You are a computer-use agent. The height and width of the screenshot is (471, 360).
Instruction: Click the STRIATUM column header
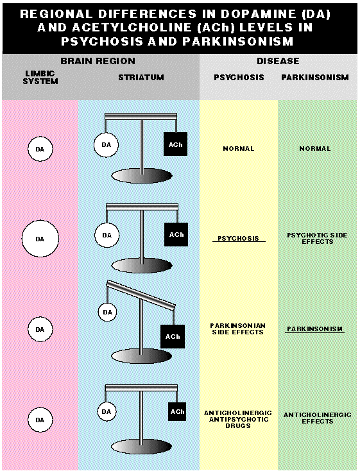tap(141, 77)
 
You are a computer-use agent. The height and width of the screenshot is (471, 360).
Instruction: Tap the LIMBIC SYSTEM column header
tap(40, 77)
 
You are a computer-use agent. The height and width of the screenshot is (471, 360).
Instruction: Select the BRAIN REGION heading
tap(98, 61)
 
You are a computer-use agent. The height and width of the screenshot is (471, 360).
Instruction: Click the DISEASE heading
tap(278, 61)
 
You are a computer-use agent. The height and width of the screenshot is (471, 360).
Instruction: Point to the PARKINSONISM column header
tap(315, 77)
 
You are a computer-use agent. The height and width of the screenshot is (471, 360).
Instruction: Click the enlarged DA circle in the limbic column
tap(40, 239)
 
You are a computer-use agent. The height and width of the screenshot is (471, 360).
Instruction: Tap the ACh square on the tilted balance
tap(173, 336)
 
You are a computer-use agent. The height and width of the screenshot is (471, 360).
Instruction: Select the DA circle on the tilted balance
tap(108, 312)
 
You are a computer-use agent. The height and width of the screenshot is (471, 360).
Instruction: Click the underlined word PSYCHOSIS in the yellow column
tap(238, 239)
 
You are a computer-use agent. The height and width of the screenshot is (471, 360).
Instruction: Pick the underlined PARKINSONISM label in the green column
tap(314, 329)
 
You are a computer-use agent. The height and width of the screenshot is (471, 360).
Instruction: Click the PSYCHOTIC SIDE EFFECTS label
tap(318, 239)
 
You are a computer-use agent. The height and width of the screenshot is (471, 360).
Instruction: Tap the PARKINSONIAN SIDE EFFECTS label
tap(237, 329)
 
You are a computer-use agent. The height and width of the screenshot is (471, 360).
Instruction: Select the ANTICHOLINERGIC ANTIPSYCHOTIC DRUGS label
tap(238, 419)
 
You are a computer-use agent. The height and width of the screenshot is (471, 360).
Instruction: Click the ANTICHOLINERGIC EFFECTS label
tap(318, 418)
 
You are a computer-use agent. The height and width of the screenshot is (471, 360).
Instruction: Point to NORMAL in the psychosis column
tap(239, 148)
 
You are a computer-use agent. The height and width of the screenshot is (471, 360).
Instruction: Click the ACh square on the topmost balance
tap(175, 144)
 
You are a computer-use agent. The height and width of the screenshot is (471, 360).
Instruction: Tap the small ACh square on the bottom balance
tap(177, 411)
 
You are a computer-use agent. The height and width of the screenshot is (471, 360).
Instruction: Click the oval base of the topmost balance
tap(142, 176)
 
